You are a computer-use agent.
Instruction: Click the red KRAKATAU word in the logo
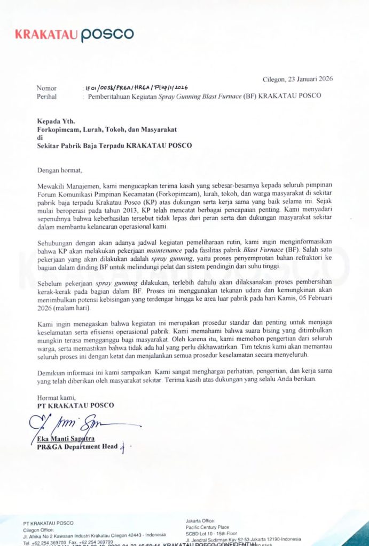[46, 35]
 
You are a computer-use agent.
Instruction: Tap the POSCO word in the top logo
[107, 35]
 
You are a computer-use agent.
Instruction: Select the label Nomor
[47, 88]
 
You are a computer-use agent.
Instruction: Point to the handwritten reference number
[136, 88]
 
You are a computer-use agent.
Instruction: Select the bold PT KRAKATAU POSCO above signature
[75, 405]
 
